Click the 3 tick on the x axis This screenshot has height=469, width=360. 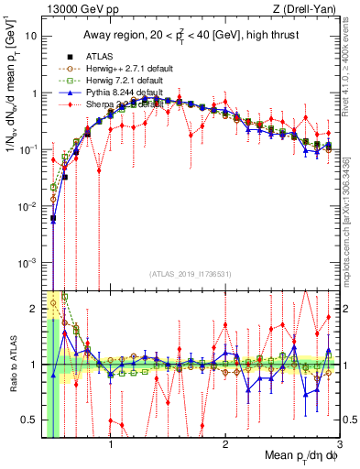(340, 438)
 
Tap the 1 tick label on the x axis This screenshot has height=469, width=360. (111, 438)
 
